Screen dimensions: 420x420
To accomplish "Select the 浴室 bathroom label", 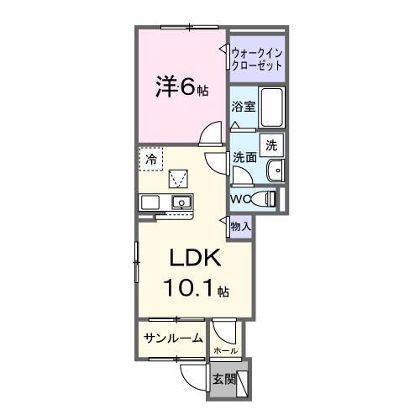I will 243,108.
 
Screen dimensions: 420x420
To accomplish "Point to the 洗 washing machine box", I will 271,144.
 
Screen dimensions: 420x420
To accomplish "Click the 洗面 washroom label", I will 244,157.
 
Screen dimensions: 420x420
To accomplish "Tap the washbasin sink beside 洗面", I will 276,171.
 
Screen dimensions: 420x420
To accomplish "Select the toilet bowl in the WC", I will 266,199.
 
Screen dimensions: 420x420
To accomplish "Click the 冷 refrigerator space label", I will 151,158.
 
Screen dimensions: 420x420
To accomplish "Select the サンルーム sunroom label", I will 173,339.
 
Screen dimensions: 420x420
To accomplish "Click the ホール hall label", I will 225,350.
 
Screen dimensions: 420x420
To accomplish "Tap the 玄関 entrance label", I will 223,378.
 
